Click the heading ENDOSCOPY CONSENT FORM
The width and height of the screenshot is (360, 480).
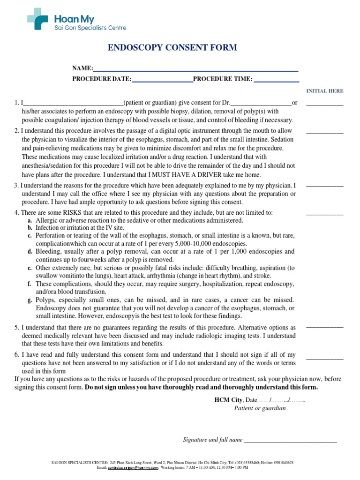172,47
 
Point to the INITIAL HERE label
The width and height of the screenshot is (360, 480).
324,91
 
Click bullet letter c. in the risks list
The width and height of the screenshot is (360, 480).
30,235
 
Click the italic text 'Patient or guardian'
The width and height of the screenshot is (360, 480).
260,408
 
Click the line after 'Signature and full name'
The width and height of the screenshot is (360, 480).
291,441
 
